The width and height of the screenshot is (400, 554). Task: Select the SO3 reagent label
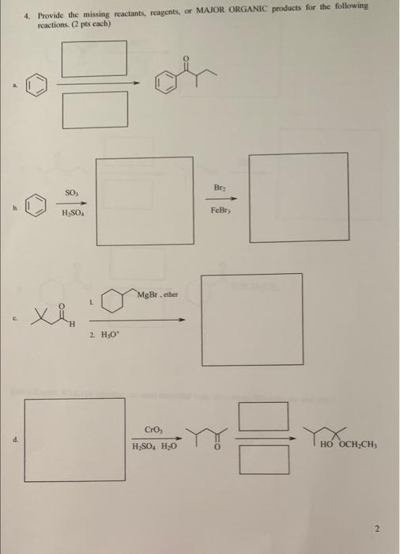[x=71, y=192]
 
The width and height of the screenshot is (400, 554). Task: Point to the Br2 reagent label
[x=221, y=187]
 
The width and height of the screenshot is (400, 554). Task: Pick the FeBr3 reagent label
[x=221, y=212]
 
